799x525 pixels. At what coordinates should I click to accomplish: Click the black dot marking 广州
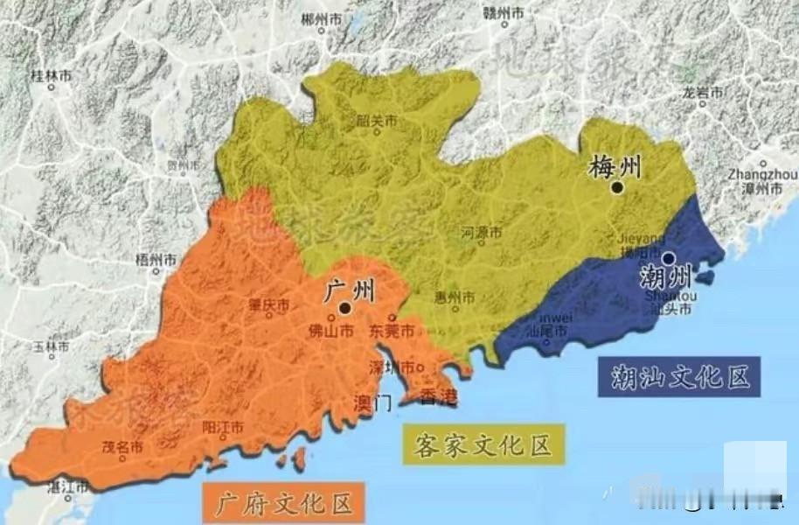pos(346,308)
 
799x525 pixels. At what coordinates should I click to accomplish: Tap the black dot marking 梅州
pos(617,187)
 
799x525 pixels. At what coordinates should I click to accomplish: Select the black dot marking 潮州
pos(668,259)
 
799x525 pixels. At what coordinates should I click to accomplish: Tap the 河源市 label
pos(482,233)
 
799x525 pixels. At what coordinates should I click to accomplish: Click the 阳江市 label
pos(223,427)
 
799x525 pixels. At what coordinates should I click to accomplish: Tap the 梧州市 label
pos(156,260)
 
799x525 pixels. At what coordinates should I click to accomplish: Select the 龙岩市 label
pos(703,92)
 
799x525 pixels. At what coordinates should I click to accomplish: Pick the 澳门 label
pos(372,403)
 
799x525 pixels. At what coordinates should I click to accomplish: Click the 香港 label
pos(439,398)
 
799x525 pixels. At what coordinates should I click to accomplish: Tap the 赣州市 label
pos(504,12)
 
